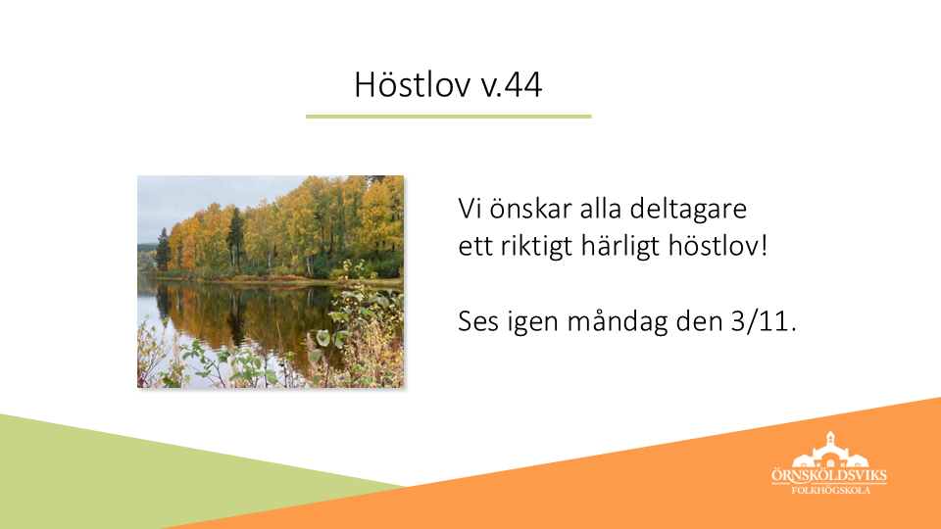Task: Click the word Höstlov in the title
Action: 413,84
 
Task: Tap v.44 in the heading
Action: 512,84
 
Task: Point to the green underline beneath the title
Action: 448,117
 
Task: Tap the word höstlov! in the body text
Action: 718,246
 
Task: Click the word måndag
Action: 617,322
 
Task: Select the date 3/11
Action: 764,322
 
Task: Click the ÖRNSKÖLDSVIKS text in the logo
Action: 829,476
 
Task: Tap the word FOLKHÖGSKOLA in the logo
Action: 830,491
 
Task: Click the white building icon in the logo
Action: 830,450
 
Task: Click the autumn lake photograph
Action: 271,281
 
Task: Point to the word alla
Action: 601,209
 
